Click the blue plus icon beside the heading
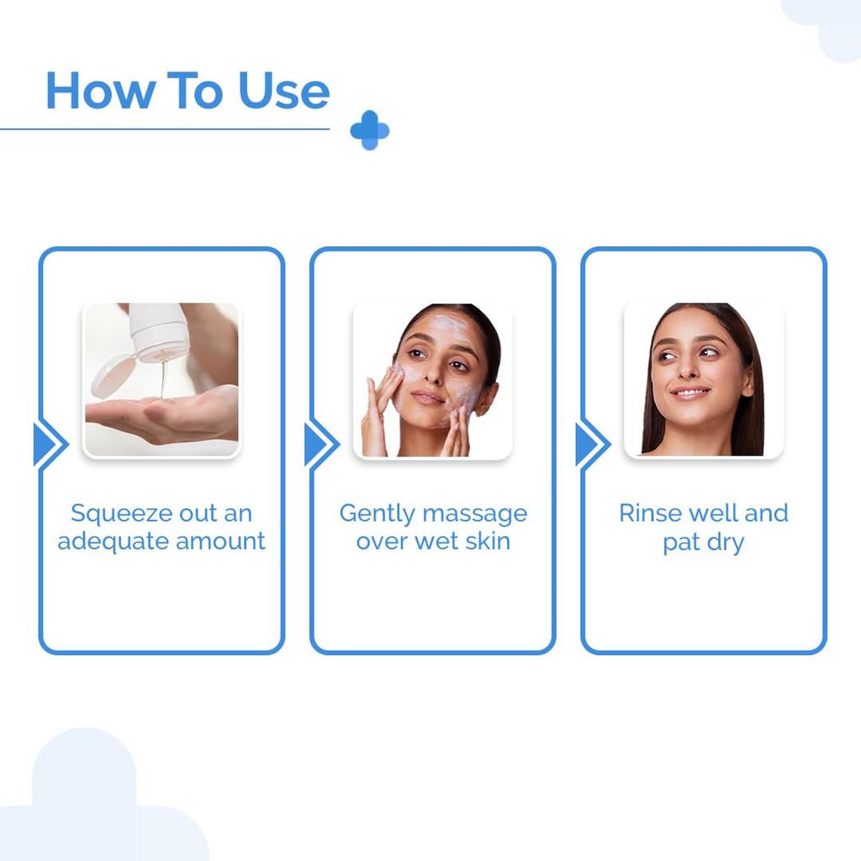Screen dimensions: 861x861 click(370, 130)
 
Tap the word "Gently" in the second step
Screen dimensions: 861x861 click(378, 513)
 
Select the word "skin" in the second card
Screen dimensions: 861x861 click(487, 541)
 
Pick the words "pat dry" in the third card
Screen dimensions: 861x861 click(703, 542)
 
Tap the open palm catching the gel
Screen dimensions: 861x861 click(160, 416)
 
